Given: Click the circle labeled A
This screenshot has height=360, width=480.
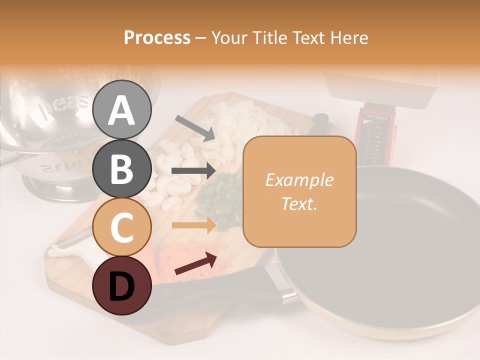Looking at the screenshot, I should click(x=122, y=109).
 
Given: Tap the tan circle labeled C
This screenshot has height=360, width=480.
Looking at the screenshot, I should click(x=122, y=226).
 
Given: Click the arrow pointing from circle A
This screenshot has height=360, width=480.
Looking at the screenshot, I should click(x=195, y=128).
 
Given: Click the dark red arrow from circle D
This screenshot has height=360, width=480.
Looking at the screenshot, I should click(x=195, y=264).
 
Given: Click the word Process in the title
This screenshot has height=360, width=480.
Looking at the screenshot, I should click(x=157, y=38).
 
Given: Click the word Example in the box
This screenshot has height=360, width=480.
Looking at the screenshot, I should click(x=299, y=180).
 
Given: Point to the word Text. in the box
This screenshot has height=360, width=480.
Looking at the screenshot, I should click(x=299, y=203).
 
